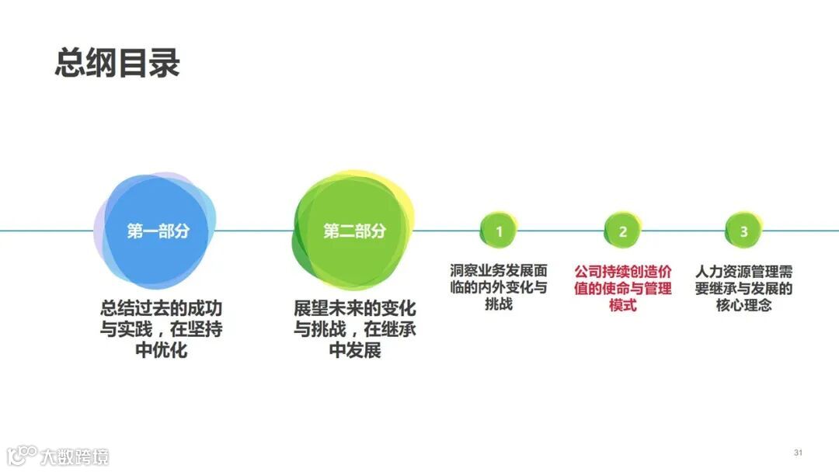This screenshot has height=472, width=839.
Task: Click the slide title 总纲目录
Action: [x=117, y=63]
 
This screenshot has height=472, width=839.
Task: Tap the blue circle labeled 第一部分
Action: [x=158, y=231]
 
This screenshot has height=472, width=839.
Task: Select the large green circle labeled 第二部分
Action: [x=354, y=231]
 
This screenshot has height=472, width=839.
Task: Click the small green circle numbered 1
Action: [x=499, y=231]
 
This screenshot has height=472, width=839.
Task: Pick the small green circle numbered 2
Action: [x=622, y=231]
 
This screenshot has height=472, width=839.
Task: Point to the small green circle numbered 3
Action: [x=743, y=231]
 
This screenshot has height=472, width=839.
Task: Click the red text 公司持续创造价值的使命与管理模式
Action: [x=623, y=288]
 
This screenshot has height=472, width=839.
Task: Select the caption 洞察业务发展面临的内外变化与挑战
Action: [x=499, y=288]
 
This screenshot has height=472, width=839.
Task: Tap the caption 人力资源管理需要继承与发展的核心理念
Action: [x=743, y=288]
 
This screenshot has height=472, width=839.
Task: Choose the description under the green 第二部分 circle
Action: [x=355, y=329]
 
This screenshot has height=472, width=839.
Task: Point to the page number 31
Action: [x=798, y=453]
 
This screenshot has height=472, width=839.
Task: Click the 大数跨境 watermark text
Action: [x=75, y=456]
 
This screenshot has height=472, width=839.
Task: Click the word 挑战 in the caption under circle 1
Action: [x=499, y=305]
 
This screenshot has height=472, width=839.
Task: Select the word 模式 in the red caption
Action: [x=623, y=305]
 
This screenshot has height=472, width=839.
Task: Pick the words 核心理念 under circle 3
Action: [x=743, y=305]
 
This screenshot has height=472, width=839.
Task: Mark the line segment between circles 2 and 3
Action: [x=683, y=231]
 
